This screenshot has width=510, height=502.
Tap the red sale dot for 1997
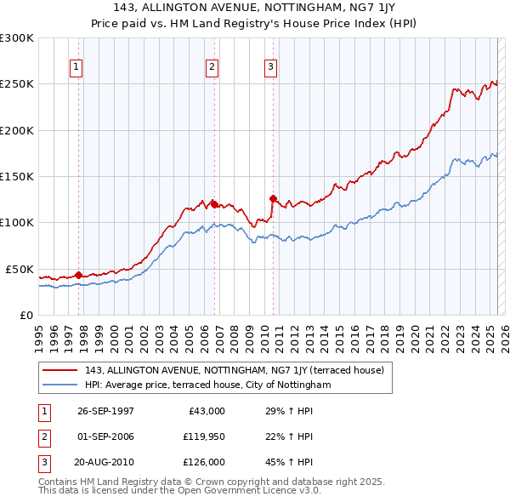(78, 275)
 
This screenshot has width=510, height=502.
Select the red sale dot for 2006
(213, 204)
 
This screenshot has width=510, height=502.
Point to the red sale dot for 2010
(273, 198)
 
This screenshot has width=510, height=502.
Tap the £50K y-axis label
(20, 269)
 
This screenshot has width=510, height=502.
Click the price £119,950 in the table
(204, 436)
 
